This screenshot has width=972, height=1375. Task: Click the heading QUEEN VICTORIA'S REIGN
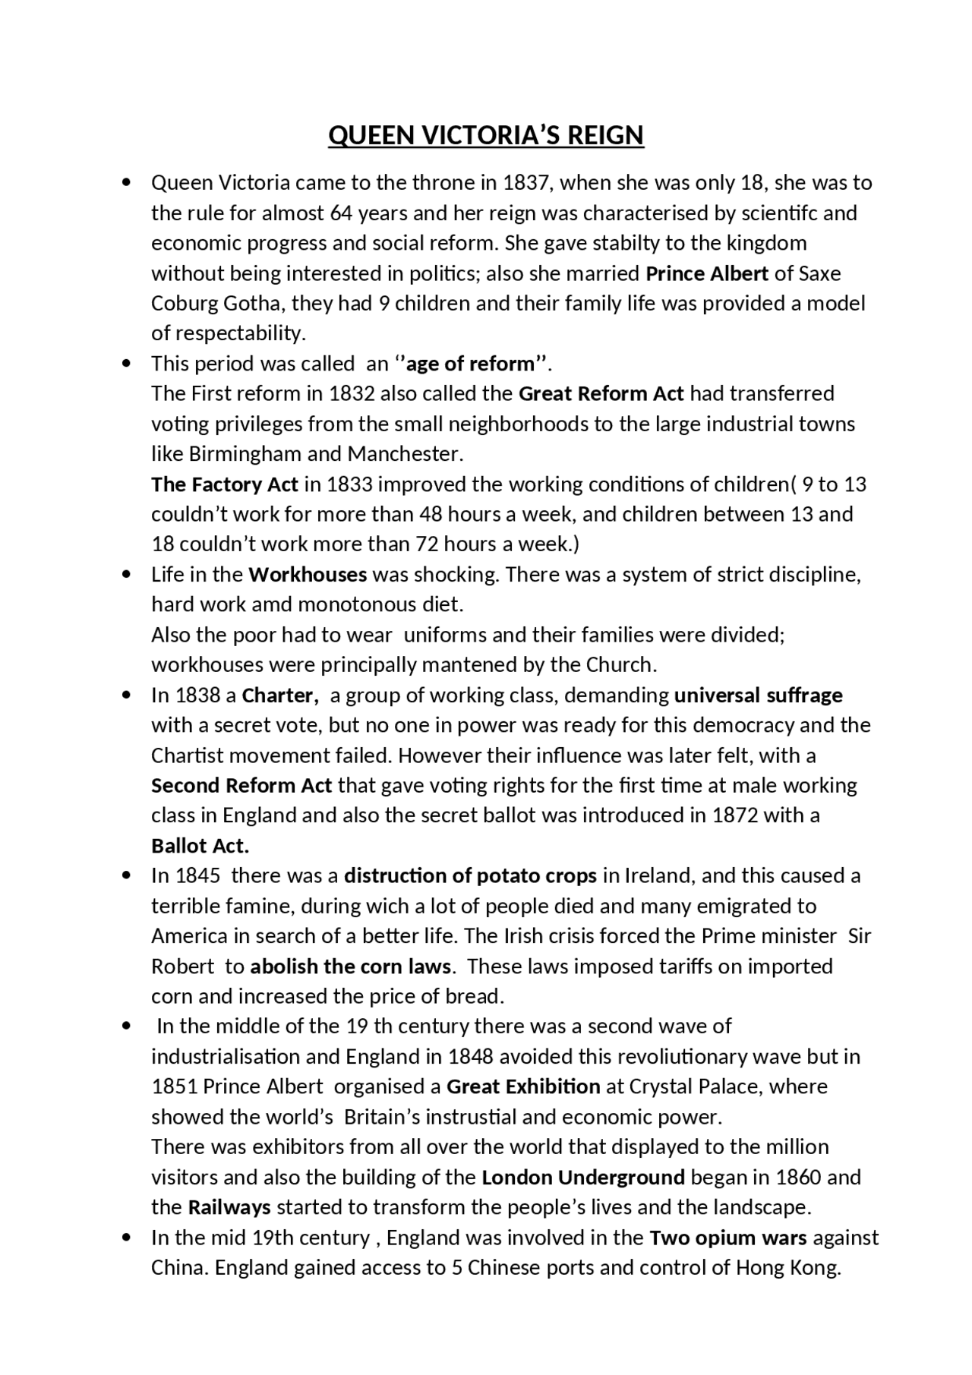(485, 135)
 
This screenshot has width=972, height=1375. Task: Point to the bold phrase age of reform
(471, 364)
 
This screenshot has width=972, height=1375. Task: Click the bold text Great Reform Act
(601, 393)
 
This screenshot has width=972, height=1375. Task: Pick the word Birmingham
(245, 454)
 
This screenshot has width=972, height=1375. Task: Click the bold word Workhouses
(308, 574)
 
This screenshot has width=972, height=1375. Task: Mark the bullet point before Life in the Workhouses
(126, 574)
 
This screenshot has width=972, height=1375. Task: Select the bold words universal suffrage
(758, 695)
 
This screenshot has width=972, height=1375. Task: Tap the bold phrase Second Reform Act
(241, 785)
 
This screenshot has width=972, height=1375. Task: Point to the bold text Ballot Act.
(200, 846)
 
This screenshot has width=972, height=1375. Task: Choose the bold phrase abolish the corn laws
(351, 967)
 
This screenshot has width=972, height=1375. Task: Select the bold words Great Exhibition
(523, 1086)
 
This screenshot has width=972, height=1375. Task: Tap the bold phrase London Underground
(583, 1178)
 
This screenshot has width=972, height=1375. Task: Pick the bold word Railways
(229, 1207)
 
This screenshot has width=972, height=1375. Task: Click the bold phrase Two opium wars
(727, 1238)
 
